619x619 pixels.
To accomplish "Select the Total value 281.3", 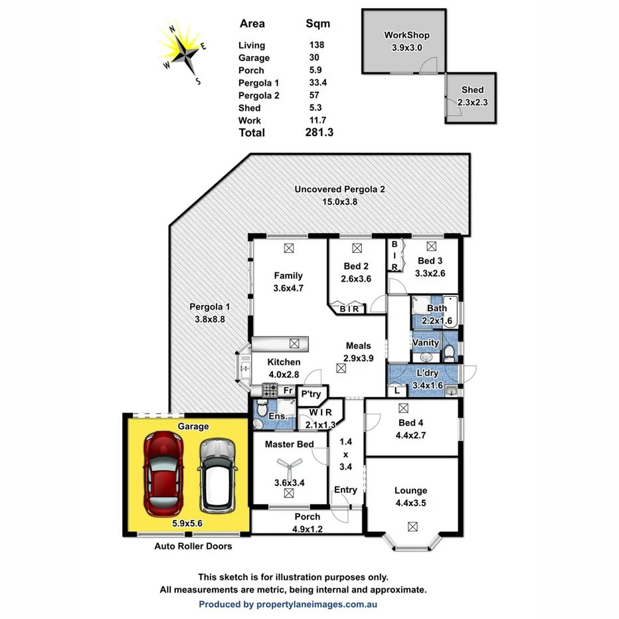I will pos(319,133).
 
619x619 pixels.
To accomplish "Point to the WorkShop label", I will pos(407,35).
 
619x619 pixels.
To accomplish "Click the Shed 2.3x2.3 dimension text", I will pos(472,102).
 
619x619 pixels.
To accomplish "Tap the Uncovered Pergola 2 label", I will pos(339,189).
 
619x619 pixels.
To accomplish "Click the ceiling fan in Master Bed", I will pos(288,465).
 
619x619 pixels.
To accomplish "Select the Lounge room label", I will pos(410,491).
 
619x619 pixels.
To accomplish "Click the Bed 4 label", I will pos(410,423).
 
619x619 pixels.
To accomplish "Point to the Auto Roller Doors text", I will pos(193,547).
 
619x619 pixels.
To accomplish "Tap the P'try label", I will pos(311,395).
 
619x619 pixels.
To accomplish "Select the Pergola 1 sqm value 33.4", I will pos(318,83).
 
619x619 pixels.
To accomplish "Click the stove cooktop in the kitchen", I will pos(271,389).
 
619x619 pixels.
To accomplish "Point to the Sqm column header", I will pos(317,24).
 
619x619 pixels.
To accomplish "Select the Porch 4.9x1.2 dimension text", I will pos(307,529).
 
